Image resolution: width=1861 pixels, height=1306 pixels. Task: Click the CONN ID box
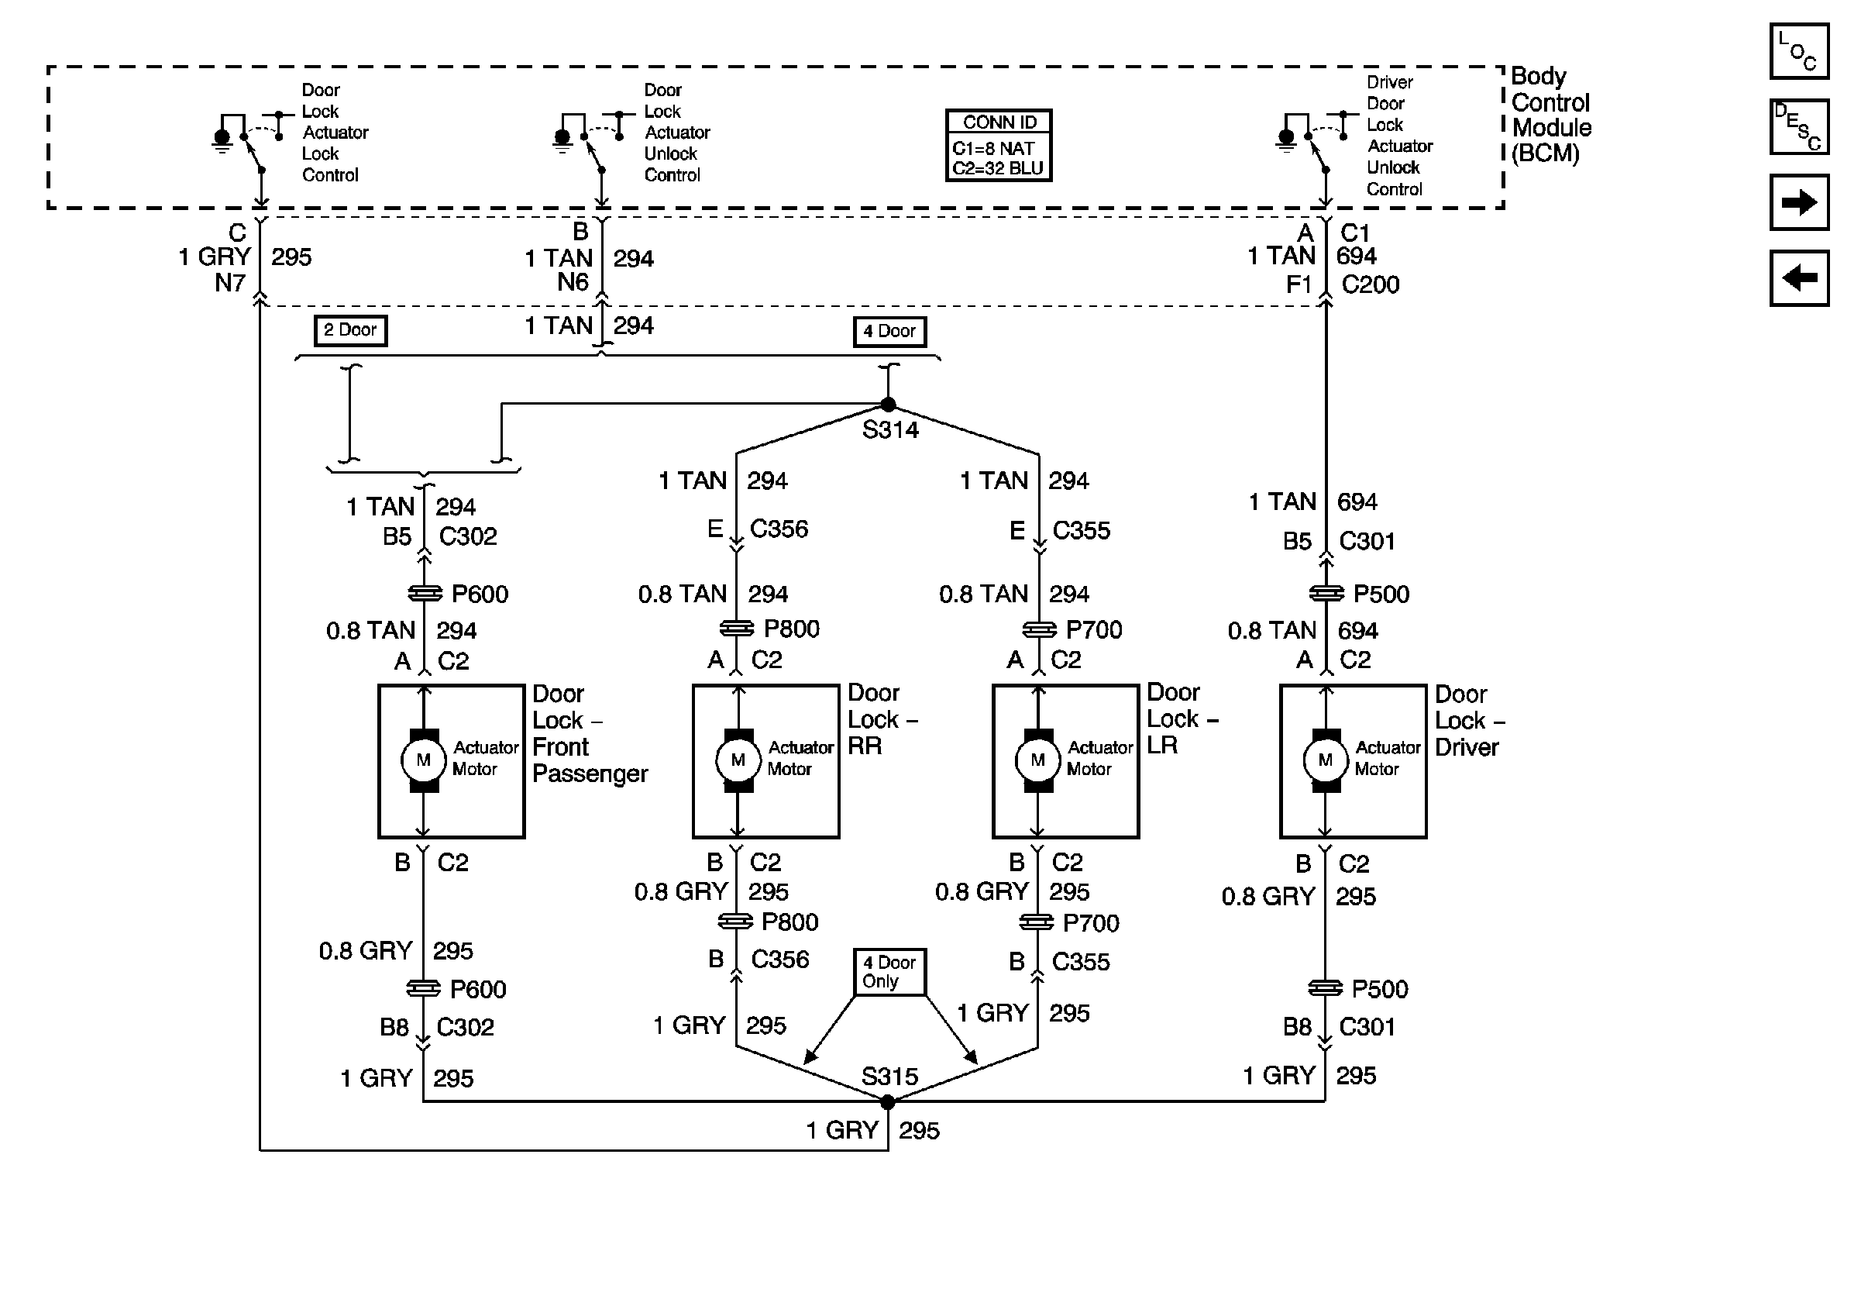point(999,146)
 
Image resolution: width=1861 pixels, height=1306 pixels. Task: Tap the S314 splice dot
point(889,405)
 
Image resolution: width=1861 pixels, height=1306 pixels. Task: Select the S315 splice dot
point(888,1101)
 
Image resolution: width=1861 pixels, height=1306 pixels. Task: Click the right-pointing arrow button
point(1799,202)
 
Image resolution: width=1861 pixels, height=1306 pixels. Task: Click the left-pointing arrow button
point(1799,278)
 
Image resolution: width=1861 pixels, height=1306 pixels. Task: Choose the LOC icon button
point(1799,51)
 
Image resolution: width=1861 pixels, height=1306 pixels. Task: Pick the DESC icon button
point(1799,126)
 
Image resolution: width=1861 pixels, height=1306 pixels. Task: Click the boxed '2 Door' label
point(350,330)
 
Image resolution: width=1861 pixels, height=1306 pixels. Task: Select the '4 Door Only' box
point(890,971)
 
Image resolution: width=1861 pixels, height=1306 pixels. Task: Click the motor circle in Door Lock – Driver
point(1325,760)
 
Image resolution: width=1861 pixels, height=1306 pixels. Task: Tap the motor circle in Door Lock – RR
point(738,760)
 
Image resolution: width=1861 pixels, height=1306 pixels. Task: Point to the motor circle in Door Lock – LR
point(1037,760)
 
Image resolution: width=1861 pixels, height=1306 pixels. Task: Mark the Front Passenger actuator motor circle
point(423,760)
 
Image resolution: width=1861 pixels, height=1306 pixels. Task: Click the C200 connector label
point(1371,284)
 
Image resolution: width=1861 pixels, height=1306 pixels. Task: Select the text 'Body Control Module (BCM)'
point(1551,114)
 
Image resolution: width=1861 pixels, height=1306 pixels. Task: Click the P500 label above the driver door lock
point(1381,594)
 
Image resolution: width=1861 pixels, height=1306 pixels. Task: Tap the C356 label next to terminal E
point(779,529)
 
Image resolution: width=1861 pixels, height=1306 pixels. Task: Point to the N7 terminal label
point(230,283)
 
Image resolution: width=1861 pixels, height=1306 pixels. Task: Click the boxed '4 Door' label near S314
point(890,331)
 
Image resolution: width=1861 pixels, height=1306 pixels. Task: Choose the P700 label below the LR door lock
point(1091,923)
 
